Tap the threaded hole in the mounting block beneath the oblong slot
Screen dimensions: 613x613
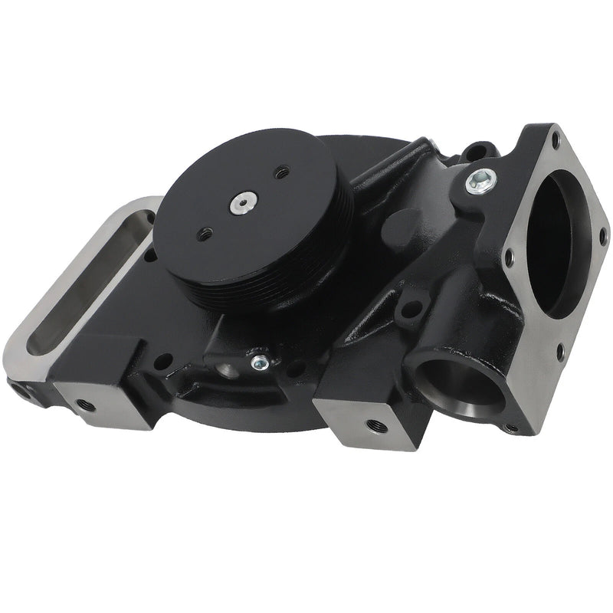coord(87,404)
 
